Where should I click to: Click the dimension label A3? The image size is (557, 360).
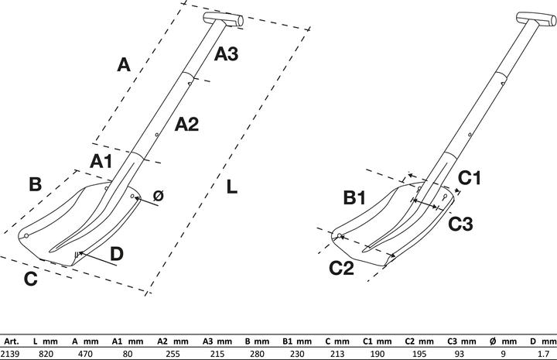tap(226, 54)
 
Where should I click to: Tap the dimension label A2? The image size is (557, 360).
tap(186, 123)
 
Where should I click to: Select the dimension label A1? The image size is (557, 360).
tap(101, 161)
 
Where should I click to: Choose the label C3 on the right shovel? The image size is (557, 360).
tap(462, 223)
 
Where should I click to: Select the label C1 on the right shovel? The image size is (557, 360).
tap(470, 178)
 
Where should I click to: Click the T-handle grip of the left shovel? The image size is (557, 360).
tap(224, 19)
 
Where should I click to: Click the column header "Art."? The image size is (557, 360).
tap(12, 341)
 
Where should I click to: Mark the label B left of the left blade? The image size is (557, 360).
tap(35, 184)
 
